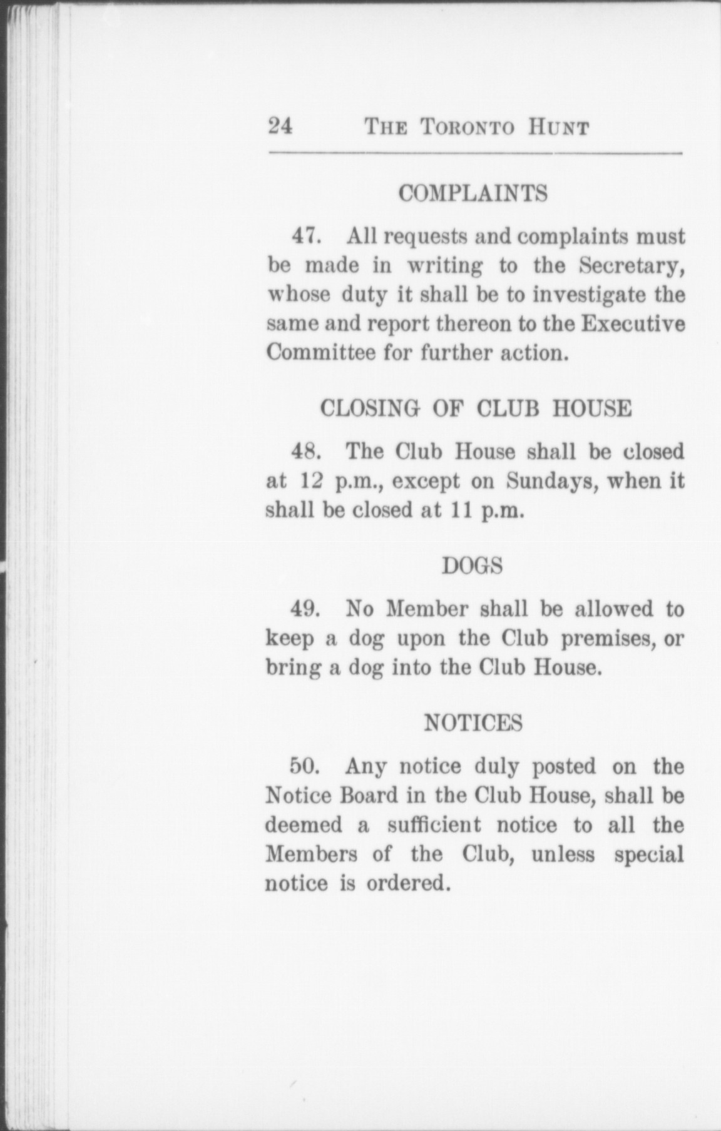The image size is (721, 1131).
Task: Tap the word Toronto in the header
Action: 468,128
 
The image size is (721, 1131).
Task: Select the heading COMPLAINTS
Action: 473,193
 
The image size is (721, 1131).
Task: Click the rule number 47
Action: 307,236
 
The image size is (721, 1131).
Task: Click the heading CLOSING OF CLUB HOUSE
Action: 476,408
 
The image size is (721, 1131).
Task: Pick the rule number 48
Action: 307,452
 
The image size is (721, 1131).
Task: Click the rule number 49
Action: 307,609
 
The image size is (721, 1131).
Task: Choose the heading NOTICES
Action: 473,723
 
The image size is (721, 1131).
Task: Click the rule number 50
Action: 306,766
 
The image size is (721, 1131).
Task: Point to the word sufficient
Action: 434,825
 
